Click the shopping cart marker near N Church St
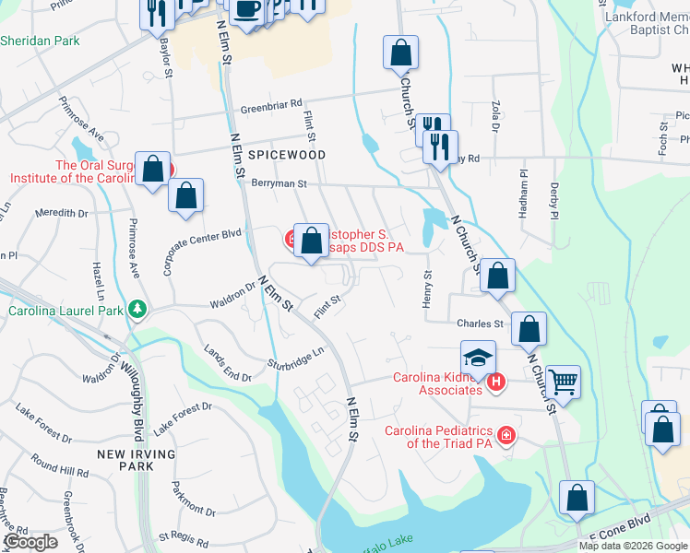[563, 380]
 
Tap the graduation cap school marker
[479, 357]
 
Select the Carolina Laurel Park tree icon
[137, 308]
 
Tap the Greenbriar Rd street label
[271, 106]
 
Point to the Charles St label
[480, 324]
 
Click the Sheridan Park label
[40, 41]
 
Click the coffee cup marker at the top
[246, 9]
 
